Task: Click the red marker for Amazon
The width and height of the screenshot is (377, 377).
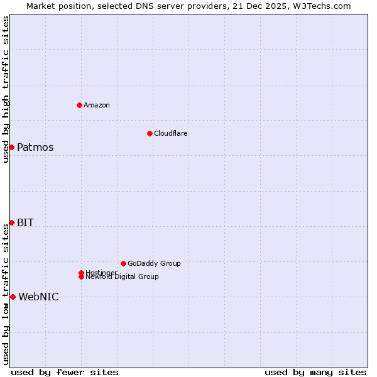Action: tap(79, 105)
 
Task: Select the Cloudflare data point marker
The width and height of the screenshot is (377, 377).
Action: tap(150, 133)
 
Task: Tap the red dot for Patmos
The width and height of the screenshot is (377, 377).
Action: tap(11, 147)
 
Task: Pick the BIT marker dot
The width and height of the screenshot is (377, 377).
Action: tap(11, 222)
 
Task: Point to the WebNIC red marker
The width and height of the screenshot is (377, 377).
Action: tap(13, 297)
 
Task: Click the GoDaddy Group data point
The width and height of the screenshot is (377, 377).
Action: tap(123, 263)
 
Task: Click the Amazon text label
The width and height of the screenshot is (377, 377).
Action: tap(97, 105)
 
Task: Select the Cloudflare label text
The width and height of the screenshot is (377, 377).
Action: tap(171, 133)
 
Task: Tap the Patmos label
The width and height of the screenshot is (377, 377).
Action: tap(35, 148)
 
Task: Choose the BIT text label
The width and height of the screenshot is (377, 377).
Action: tap(26, 223)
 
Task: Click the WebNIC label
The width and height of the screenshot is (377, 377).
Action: tap(38, 297)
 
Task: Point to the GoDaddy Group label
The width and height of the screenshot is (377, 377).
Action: tap(154, 263)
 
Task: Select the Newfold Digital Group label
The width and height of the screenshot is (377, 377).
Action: tap(123, 277)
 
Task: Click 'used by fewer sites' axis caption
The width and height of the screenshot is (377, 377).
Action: tap(65, 372)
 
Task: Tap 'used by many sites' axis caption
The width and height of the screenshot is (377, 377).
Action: tap(315, 372)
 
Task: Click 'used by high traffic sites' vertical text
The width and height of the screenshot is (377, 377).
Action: tap(6, 89)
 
